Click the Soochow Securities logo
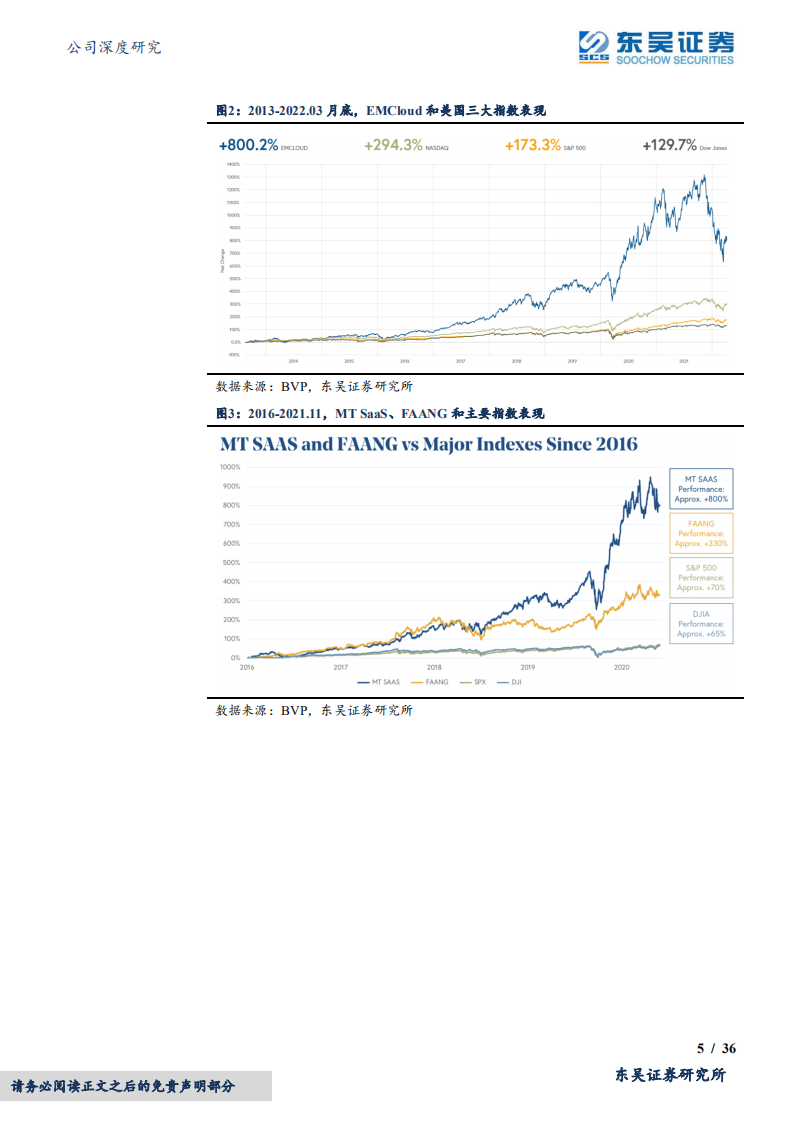[x=655, y=46]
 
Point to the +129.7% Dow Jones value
[x=684, y=145]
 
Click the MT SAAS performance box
[x=700, y=488]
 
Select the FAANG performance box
[x=700, y=533]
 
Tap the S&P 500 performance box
[x=700, y=577]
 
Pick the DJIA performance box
[x=700, y=622]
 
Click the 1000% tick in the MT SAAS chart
[x=229, y=467]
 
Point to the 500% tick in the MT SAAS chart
[x=230, y=562]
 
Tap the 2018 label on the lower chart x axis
[x=434, y=666]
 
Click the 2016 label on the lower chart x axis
[x=247, y=666]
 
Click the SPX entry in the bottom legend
[x=474, y=682]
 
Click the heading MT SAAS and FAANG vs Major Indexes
[x=429, y=444]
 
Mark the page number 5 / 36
[x=716, y=1048]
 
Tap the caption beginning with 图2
[x=380, y=111]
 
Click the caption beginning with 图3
[x=380, y=413]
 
